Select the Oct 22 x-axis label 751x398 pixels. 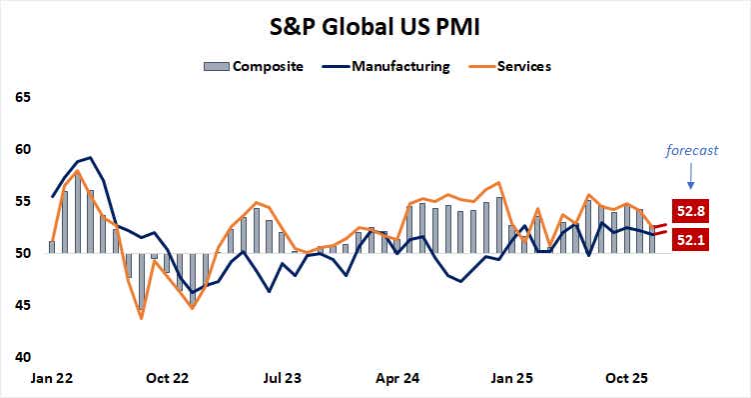pos(167,379)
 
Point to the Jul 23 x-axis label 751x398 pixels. pos(283,379)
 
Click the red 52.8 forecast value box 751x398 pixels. pos(689,212)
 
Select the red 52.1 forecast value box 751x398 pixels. pos(689,239)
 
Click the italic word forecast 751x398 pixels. pos(690,150)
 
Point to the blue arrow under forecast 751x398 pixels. pos(690,177)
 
